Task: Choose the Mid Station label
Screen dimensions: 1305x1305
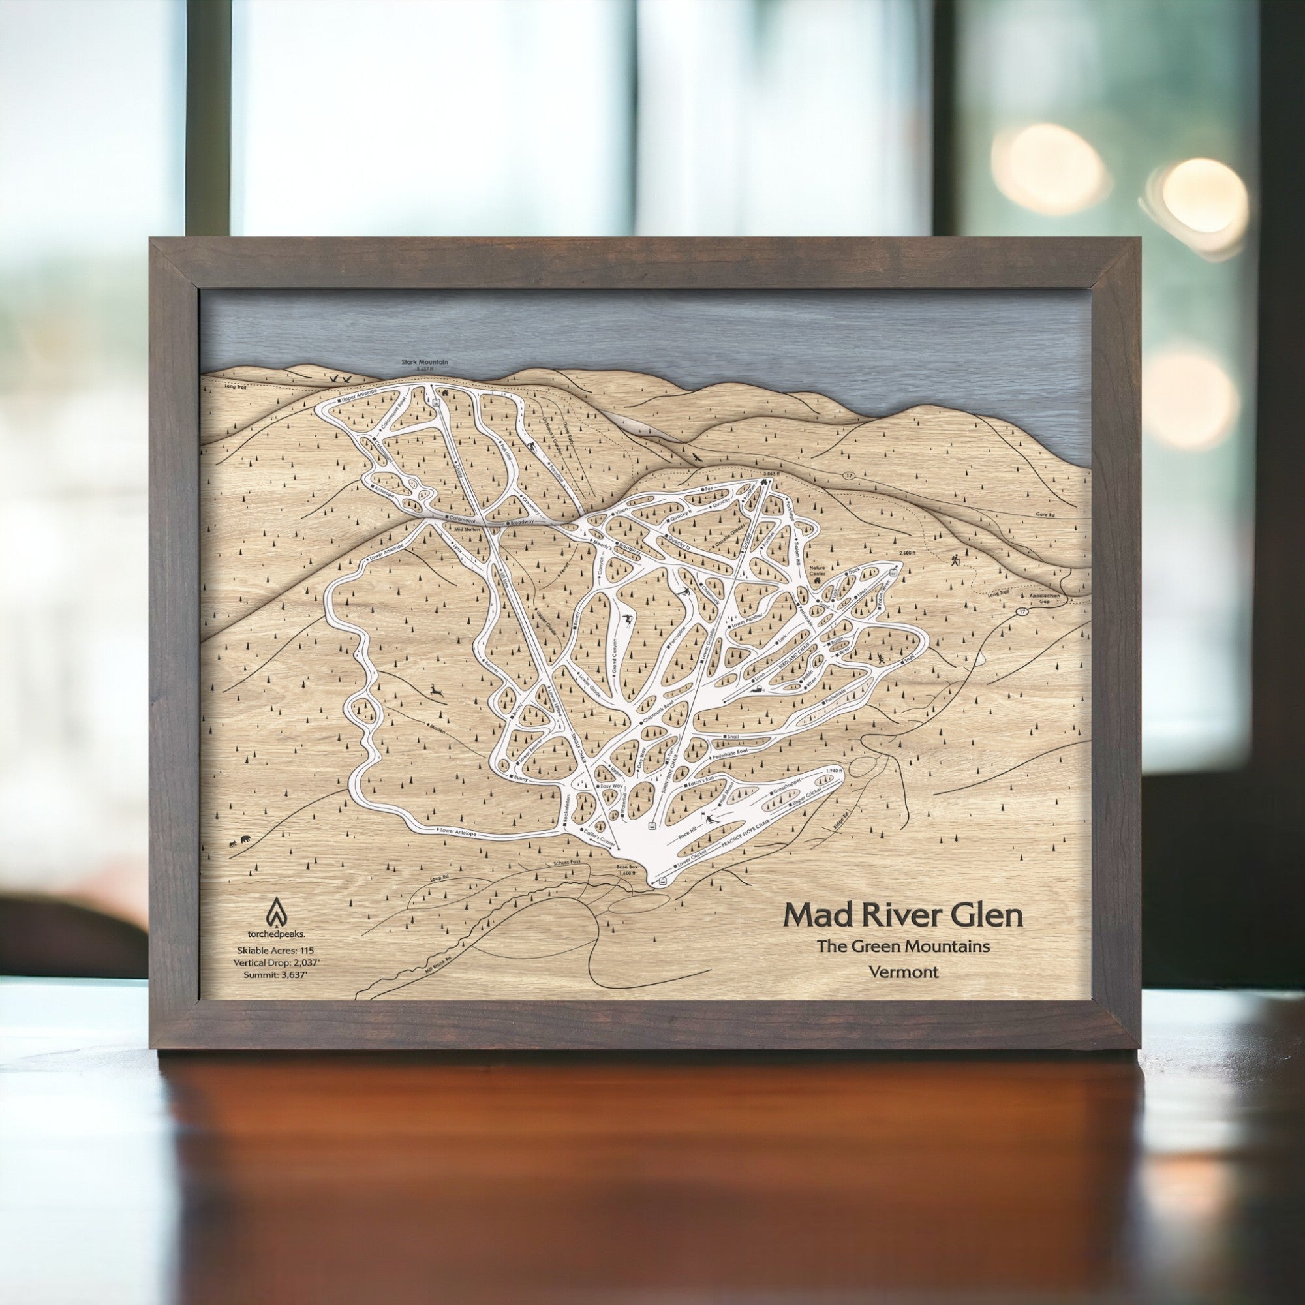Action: coord(467,530)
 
